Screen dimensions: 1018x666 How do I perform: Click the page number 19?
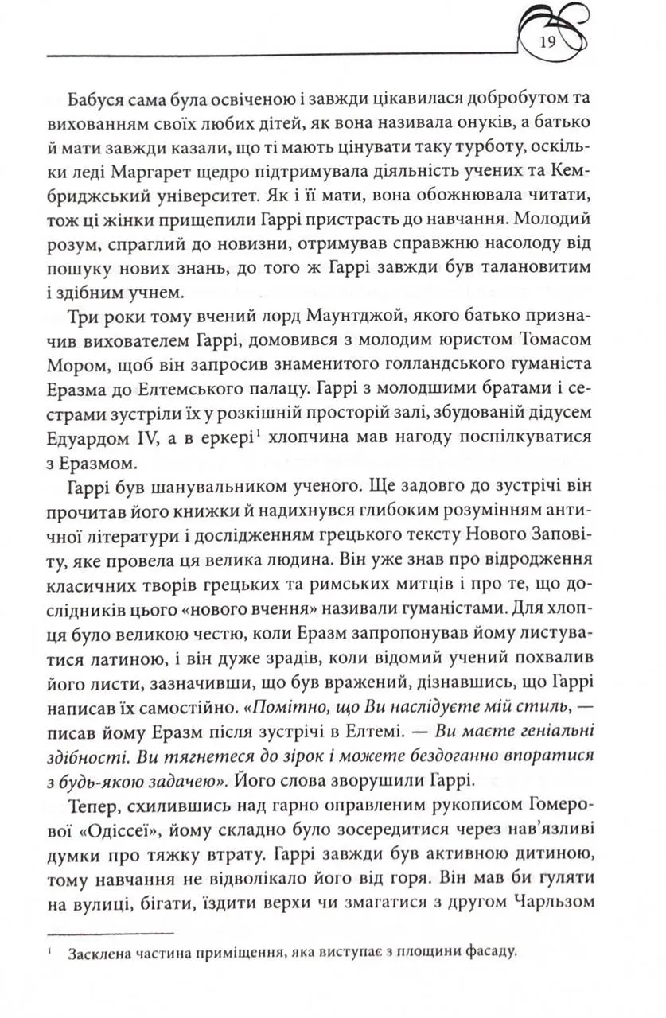547,42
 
